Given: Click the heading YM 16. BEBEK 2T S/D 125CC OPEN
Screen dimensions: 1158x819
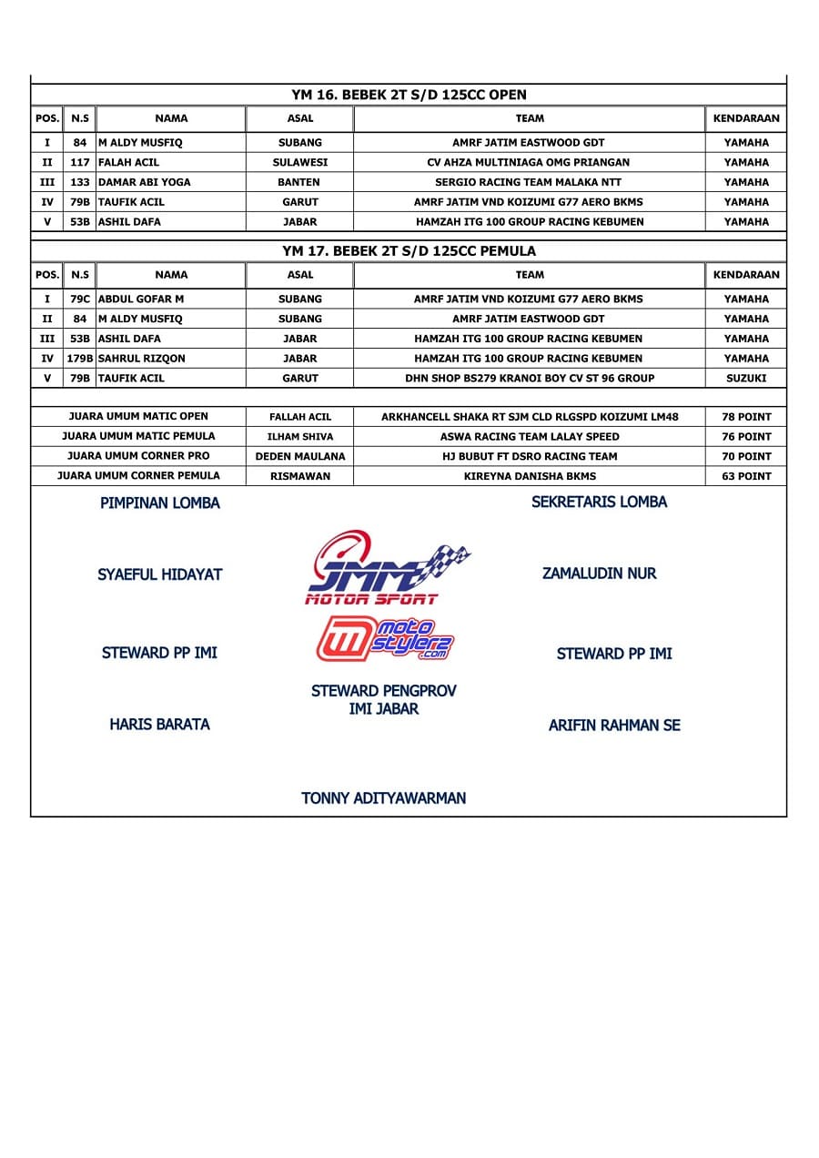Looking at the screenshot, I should (409, 95).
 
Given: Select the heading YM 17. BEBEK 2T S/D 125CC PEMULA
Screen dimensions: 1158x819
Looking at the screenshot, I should (409, 250).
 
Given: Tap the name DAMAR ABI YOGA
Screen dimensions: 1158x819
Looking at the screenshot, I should (144, 182).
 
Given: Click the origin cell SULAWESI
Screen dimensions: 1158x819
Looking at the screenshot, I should (300, 162).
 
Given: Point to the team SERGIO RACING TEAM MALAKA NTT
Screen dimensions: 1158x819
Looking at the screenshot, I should (529, 182).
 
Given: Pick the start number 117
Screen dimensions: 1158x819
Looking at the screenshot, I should (80, 162).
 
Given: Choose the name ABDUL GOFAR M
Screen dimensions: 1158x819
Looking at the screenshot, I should (140, 299).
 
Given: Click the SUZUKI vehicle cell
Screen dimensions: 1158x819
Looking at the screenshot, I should (746, 378).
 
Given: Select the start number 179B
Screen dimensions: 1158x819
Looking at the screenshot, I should (80, 359).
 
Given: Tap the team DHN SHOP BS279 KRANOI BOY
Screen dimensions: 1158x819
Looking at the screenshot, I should (529, 378).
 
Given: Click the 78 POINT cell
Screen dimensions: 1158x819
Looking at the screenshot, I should (746, 417).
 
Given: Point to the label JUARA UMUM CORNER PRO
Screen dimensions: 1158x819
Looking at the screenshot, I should (138, 455).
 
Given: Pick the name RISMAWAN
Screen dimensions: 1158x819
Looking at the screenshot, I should (300, 476).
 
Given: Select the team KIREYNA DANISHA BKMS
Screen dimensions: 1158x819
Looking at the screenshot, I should (529, 476).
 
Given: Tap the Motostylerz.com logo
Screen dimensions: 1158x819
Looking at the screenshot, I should (385, 639).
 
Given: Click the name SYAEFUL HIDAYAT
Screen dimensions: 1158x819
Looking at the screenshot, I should (159, 574).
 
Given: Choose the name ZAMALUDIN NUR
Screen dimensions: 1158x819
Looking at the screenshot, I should (599, 574).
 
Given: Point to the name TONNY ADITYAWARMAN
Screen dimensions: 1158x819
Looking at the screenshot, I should (383, 798).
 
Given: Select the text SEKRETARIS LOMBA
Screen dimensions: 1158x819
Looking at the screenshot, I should (599, 502).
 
